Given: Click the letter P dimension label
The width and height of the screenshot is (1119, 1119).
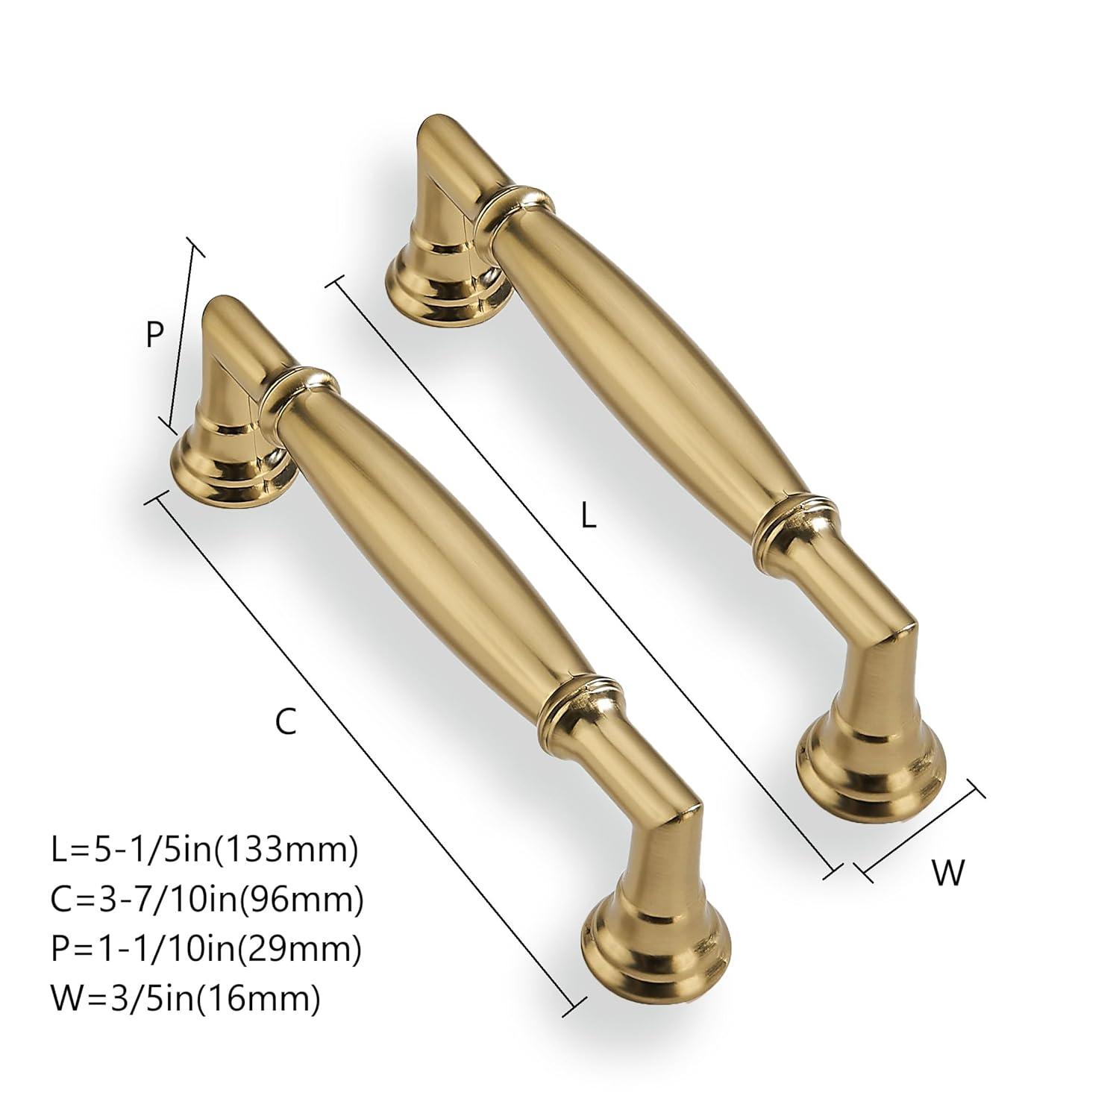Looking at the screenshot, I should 154,336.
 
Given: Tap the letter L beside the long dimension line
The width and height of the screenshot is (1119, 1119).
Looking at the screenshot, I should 589,517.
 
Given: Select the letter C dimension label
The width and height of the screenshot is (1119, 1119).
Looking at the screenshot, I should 286,721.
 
